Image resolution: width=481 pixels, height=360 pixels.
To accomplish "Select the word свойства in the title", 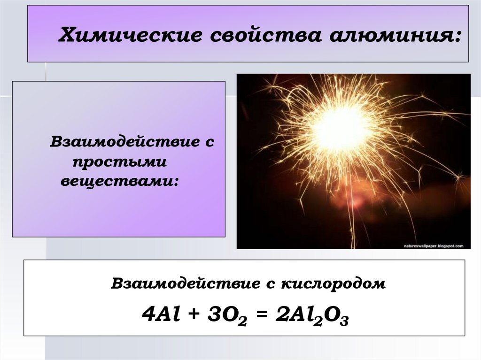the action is tap(266, 35).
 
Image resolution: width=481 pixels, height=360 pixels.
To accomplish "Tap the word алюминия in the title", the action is tap(390, 35).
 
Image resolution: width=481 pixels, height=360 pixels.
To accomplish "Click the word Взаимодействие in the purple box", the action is tap(124, 142).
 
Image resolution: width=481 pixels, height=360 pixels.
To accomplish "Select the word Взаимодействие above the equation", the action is tap(185, 283).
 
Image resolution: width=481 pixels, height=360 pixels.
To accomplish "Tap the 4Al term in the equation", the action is tap(161, 314).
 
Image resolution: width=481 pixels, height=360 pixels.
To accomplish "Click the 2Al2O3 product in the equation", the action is tap(312, 316).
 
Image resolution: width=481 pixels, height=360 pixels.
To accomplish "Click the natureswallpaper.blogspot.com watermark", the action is tap(434, 246).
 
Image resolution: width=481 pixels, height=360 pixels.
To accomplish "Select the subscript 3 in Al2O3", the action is tap(344, 322).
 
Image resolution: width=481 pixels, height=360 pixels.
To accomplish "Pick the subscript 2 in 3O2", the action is tap(242, 322).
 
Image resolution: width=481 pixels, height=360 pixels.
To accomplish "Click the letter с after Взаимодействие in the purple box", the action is tap(210, 143).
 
